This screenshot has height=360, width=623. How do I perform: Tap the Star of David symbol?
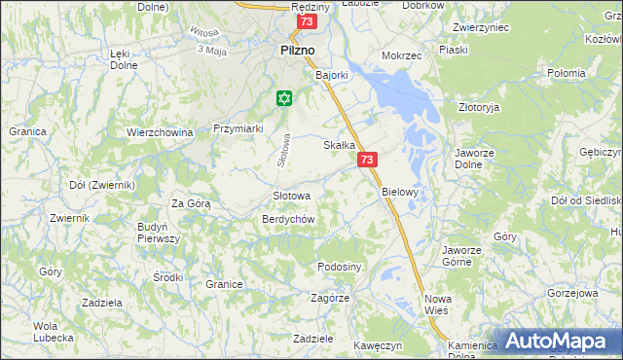tap(284, 97)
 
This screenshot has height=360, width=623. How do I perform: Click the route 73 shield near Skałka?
tap(367, 160)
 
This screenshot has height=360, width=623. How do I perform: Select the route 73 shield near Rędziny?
tap(307, 21)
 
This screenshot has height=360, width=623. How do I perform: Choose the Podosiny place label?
tap(340, 267)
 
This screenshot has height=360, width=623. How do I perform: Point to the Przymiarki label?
tap(238, 127)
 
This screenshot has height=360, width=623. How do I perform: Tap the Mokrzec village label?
tap(402, 55)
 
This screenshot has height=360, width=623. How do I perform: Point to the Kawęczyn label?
tap(379, 345)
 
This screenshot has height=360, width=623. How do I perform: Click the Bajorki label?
tap(332, 73)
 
